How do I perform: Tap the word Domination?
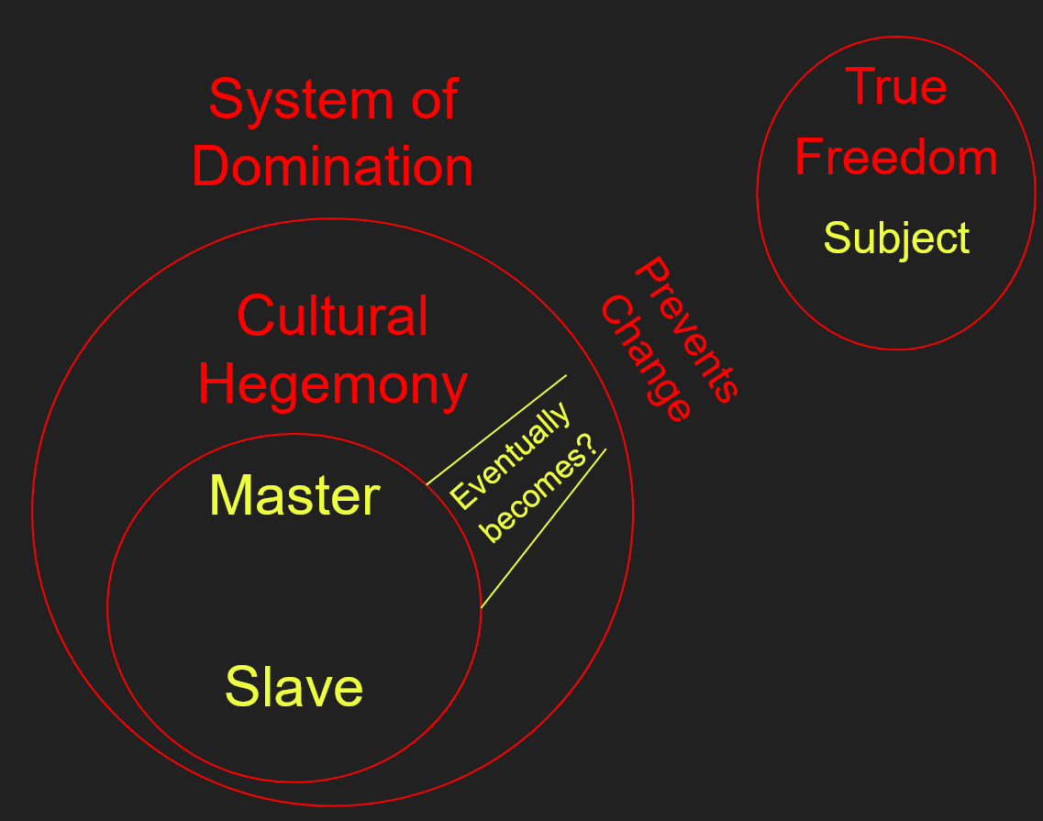(x=332, y=167)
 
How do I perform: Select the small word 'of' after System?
(x=431, y=99)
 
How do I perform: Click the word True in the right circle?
(x=896, y=86)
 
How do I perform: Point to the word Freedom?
(x=895, y=157)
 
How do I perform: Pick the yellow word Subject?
(x=896, y=239)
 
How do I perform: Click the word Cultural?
(x=332, y=316)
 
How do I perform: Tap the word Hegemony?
(x=332, y=384)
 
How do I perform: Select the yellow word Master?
(x=294, y=496)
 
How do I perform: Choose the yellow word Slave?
(x=294, y=687)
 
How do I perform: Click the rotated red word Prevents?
(x=686, y=330)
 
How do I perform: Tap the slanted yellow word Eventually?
(x=510, y=456)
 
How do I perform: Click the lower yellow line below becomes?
(x=543, y=527)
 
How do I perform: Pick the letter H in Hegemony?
(x=215, y=384)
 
